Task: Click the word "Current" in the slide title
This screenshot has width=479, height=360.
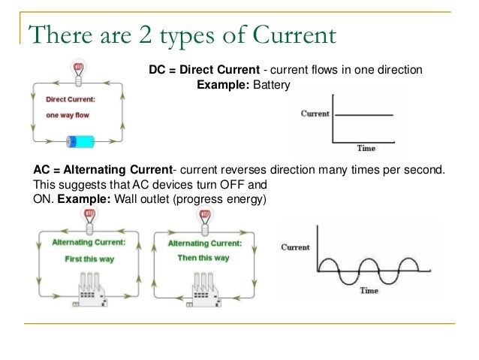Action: (x=288, y=35)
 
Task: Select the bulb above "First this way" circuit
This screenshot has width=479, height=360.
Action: (x=89, y=216)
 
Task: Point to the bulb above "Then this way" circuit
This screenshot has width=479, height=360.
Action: (x=203, y=216)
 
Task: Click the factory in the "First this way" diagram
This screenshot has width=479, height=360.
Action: (x=89, y=287)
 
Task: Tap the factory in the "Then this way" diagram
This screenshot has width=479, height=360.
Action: (x=202, y=287)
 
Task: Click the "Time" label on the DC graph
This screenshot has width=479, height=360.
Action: (x=366, y=147)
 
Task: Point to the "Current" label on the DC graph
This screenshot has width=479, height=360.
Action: (x=315, y=113)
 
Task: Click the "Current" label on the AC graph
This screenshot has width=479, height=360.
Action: (x=295, y=247)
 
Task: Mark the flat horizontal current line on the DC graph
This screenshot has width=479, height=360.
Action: (x=364, y=114)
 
